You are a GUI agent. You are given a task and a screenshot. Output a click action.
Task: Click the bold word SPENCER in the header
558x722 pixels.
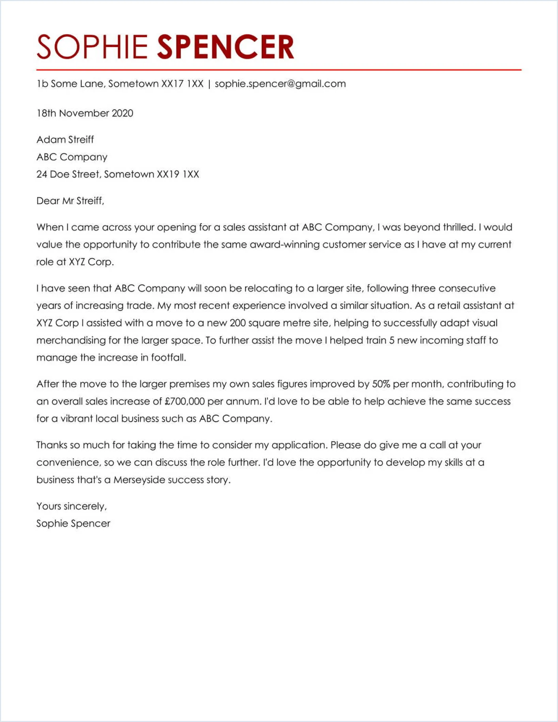pyautogui.click(x=225, y=47)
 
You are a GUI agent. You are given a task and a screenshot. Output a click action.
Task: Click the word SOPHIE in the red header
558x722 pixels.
pyautogui.click(x=92, y=47)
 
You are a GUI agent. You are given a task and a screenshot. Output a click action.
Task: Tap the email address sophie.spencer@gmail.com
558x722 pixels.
pyautogui.click(x=280, y=84)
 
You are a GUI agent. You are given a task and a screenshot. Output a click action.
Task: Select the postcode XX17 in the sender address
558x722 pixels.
pyautogui.click(x=173, y=84)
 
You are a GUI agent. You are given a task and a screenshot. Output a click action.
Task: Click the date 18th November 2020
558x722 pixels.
pyautogui.click(x=85, y=113)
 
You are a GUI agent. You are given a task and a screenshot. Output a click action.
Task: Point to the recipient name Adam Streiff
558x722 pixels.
pyautogui.click(x=65, y=139)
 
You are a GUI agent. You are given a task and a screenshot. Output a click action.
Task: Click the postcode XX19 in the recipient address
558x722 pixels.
pyautogui.click(x=168, y=174)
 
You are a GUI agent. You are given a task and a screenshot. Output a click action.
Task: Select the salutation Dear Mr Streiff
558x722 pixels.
pyautogui.click(x=70, y=201)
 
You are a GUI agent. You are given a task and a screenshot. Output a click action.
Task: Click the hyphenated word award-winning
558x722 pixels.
pyautogui.click(x=285, y=244)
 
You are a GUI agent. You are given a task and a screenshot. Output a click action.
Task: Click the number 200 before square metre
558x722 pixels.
pyautogui.click(x=238, y=323)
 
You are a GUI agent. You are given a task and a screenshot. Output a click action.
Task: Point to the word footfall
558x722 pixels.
pyautogui.click(x=168, y=358)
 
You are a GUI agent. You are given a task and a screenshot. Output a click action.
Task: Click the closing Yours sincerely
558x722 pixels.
pyautogui.click(x=71, y=506)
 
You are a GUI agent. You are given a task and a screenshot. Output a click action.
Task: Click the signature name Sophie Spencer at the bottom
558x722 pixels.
pyautogui.click(x=73, y=523)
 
